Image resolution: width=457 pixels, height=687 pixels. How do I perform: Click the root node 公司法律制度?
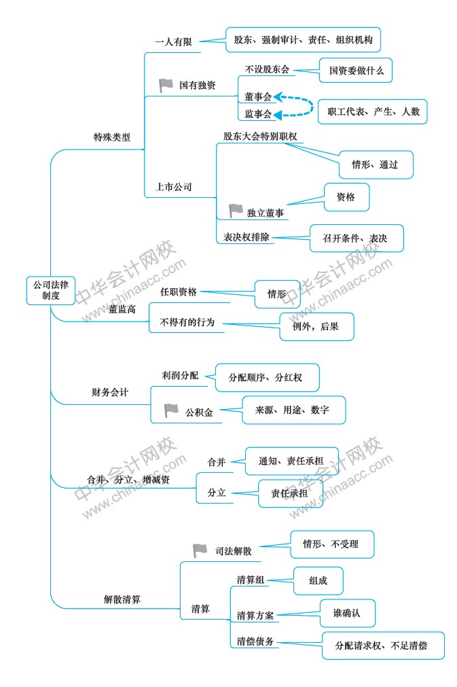pos(51,290)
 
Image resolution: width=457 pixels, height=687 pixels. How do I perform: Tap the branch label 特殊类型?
pos(112,137)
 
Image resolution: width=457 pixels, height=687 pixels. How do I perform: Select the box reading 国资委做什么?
pos(355,71)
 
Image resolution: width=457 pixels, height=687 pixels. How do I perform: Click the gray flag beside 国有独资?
pos(166,85)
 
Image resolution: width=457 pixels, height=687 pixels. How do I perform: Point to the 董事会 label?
pos(258,96)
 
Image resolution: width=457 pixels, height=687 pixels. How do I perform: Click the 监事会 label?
pos(258,114)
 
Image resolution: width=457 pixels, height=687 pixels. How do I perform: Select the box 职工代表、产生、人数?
pos(373,111)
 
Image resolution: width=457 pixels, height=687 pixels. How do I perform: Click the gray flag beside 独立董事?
pos(236,211)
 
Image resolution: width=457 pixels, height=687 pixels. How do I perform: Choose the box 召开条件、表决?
pos(357,239)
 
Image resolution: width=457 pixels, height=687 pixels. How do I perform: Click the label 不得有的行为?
pos(187,323)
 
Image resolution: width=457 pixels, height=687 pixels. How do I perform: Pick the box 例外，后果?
pos(316,326)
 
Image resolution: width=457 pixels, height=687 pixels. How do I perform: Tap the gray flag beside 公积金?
pos(171,410)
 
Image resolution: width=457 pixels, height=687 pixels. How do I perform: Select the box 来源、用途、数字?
pos(294,410)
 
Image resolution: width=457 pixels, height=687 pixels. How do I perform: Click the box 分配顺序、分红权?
pos(267,377)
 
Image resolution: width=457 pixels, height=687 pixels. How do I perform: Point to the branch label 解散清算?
pos(122,599)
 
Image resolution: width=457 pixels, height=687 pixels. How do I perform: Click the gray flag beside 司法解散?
pos(200,550)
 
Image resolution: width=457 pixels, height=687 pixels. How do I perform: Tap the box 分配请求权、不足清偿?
pos(383,646)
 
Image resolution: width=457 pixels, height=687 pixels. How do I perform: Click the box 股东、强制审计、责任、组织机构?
pos(303,40)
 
